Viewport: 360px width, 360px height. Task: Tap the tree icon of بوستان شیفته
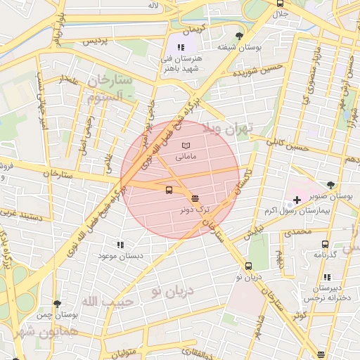(240, 35)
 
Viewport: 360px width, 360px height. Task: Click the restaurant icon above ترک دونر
(195, 198)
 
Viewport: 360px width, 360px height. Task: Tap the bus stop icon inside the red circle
(169, 191)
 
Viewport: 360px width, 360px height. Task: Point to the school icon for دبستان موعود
(120, 245)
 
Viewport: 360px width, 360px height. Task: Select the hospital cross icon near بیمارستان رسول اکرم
(297, 200)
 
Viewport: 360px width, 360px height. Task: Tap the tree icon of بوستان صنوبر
(331, 186)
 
